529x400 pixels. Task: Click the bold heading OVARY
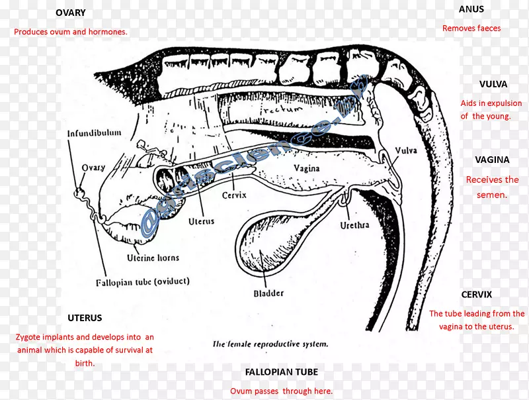click(70, 13)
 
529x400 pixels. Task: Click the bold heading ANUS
click(471, 9)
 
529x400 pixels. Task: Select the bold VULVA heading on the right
click(493, 84)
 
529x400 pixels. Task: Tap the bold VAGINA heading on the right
click(492, 160)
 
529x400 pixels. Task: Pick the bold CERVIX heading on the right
click(477, 295)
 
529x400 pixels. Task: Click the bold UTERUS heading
click(85, 318)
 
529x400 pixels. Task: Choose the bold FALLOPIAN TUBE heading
click(281, 373)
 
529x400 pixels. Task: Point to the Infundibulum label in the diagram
click(95, 133)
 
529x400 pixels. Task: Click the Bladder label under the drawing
click(268, 293)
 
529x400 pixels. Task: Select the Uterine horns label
click(153, 258)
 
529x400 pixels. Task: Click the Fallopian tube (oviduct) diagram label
click(142, 281)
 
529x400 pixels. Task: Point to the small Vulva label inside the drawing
click(406, 151)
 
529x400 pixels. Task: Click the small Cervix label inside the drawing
click(234, 195)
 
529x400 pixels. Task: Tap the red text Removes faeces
click(471, 28)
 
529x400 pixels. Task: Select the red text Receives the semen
click(492, 187)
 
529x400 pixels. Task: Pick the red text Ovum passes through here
click(281, 391)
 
